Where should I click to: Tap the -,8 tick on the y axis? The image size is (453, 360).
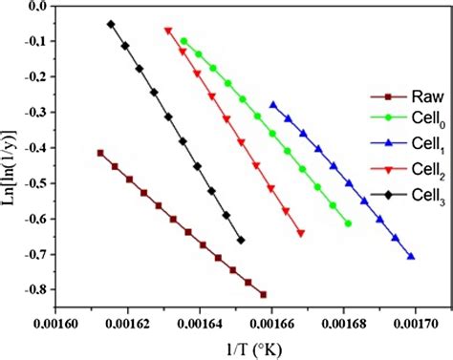pyautogui.click(x=36, y=289)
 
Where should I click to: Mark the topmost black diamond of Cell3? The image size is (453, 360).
pyautogui.click(x=111, y=24)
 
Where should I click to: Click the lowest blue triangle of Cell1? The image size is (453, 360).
pyautogui.click(x=411, y=256)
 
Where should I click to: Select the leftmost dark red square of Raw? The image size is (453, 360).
pyautogui.click(x=100, y=153)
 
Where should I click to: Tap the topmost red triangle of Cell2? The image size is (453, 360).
pyautogui.click(x=168, y=31)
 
